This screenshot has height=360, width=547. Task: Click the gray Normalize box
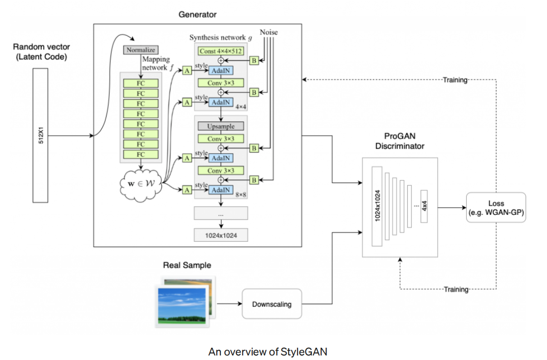pos(141,50)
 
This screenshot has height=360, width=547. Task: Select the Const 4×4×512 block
pos(220,51)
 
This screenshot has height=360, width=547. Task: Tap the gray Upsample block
pos(220,126)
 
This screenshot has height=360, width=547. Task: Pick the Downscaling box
pos(272,304)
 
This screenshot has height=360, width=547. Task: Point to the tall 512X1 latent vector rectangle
pos(40,136)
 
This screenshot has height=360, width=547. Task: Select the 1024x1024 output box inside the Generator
pos(221,235)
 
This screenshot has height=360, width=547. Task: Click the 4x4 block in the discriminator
pos(424,206)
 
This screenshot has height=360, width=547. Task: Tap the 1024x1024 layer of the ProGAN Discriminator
pos(376,206)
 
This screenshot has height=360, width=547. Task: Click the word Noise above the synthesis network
pos(269,32)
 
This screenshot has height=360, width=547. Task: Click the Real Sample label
pos(187,265)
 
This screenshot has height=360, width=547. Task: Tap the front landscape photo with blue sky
pos(178,305)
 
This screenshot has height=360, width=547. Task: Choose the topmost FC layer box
pos(141,83)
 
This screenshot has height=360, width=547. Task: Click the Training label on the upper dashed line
pos(455,80)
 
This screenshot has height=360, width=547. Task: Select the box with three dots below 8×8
pos(221,213)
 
